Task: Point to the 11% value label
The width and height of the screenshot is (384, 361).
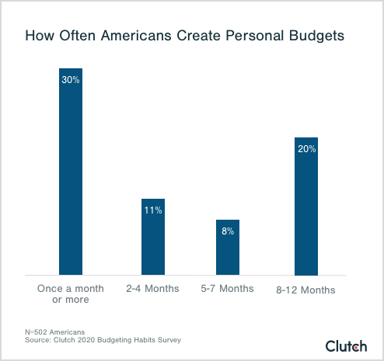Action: (152, 210)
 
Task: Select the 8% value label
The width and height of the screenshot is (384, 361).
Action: (228, 231)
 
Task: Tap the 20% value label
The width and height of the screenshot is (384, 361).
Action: (306, 148)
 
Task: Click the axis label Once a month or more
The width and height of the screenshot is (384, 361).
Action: (71, 294)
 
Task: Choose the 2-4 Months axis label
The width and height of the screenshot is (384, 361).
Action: (152, 289)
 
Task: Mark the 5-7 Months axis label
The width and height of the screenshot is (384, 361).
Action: (228, 289)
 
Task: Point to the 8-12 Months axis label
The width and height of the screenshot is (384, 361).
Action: (306, 290)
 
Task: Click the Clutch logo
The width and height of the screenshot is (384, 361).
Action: (346, 345)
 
